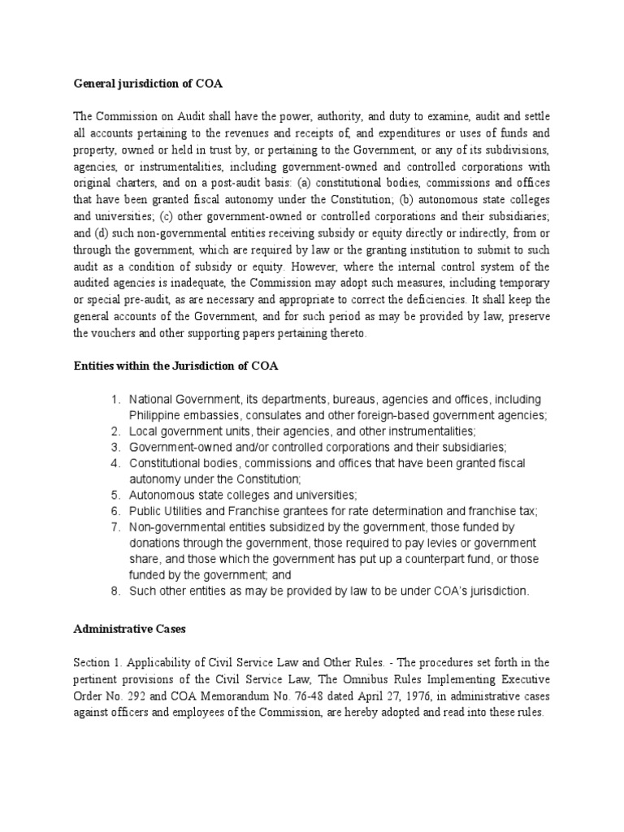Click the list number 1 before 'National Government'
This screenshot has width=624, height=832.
click(115, 400)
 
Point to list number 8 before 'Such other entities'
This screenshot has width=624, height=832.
click(115, 591)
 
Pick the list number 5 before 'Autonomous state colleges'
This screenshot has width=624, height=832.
click(115, 495)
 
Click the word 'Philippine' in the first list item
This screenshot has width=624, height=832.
click(157, 415)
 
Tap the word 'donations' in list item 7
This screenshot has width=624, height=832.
click(157, 543)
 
